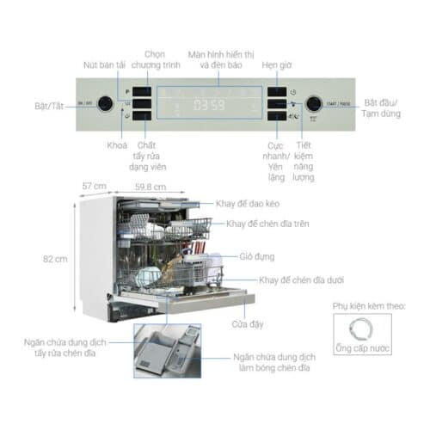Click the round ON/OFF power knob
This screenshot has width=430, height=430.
click(105, 104)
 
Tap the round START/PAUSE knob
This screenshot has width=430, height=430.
click(315, 104)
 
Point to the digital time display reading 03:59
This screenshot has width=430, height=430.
click(209, 106)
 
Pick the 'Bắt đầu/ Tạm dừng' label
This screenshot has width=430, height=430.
click(383, 107)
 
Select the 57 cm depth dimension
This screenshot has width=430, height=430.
click(94, 186)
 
